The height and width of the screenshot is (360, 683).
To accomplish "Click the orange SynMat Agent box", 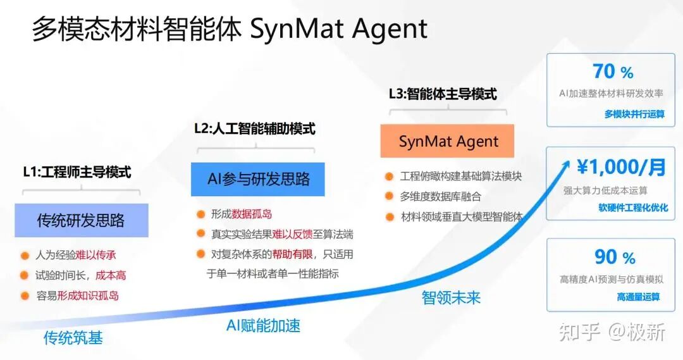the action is [x=447, y=141].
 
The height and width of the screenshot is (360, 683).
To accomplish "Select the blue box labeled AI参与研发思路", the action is [x=258, y=179].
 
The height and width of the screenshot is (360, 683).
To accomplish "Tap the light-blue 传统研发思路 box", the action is [x=82, y=220].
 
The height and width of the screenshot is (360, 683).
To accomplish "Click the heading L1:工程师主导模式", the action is [x=77, y=172].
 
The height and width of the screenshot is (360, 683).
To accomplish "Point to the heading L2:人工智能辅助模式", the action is [x=255, y=128].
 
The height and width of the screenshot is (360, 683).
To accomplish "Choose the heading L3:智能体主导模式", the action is [x=443, y=94].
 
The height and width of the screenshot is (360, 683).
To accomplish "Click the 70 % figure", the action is [x=613, y=71].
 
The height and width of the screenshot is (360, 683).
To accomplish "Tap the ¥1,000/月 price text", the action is [x=621, y=167].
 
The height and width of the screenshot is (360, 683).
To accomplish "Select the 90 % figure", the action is [x=615, y=257].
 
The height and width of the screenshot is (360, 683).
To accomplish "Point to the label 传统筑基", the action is [x=73, y=338].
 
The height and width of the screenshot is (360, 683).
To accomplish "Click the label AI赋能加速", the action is [x=264, y=326].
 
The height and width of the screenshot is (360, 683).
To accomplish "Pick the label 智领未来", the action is [x=451, y=297].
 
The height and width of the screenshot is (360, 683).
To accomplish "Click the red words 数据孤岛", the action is [x=252, y=214].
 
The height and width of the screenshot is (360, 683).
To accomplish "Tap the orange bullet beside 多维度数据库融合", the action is [x=389, y=196].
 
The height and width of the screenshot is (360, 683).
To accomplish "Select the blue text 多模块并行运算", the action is [x=634, y=114].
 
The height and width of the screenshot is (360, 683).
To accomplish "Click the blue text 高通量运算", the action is [x=639, y=297].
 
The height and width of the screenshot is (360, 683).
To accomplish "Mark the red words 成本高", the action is [x=111, y=275].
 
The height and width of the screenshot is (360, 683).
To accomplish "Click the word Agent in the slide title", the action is [x=390, y=30].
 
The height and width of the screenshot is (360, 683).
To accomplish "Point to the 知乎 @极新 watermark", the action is [x=612, y=332].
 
